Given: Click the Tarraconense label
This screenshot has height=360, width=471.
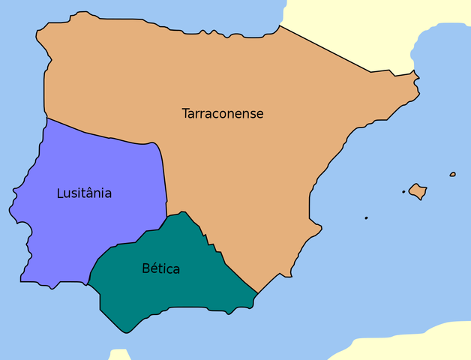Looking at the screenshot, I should tap(223, 114).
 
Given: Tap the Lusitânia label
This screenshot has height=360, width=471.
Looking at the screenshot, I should tap(84, 193).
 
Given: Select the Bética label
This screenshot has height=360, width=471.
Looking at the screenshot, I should tap(160, 268).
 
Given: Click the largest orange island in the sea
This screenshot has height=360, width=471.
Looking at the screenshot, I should tap(418, 191).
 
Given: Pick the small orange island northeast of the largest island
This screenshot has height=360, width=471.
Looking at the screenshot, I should tap(453, 175).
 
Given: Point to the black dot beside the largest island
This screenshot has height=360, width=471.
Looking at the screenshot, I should tap(403, 192).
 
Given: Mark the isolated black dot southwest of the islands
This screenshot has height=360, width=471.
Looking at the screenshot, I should tap(366, 218).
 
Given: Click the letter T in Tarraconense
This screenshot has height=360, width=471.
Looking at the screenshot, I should tap(185, 114).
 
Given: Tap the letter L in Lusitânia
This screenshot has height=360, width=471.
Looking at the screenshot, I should tap(60, 193).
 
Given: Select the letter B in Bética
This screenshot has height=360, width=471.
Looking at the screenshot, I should tap(145, 268).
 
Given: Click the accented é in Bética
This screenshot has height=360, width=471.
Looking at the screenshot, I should tap(154, 268).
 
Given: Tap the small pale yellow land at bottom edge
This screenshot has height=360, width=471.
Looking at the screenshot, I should tap(119, 355).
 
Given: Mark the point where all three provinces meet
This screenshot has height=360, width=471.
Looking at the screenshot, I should tap(166, 218).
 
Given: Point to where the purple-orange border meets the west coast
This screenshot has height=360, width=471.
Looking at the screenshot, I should tap(46, 118).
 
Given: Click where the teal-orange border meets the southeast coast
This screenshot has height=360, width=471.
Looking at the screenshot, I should tap(257, 293).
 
